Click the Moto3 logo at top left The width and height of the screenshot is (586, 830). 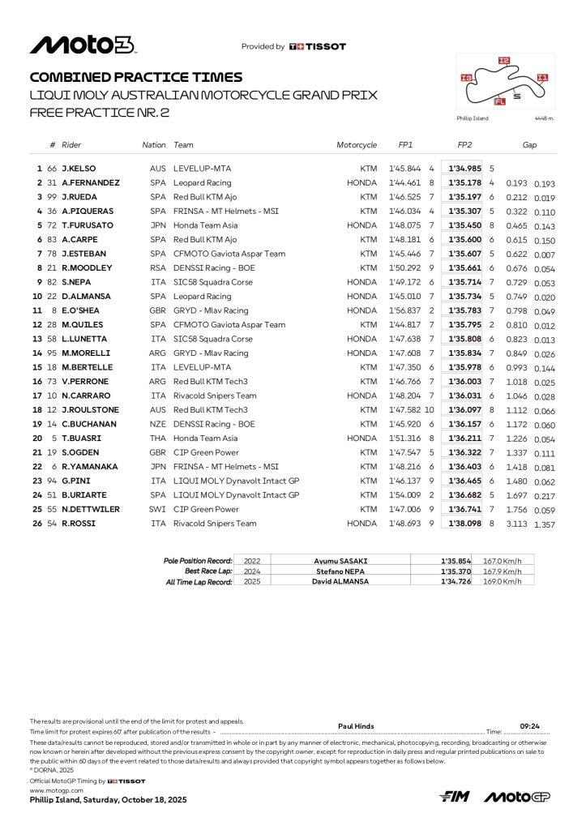tap(82, 45)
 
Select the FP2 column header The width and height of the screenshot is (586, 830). tap(464, 145)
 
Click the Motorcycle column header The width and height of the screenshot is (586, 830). tap(357, 145)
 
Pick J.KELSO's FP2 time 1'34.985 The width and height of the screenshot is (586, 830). tap(464, 169)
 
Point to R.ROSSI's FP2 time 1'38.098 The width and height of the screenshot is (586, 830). tap(464, 524)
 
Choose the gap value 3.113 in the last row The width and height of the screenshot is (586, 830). tap(516, 524)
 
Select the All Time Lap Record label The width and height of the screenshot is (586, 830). tap(198, 581)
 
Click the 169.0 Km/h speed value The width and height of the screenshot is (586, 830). tap(503, 581)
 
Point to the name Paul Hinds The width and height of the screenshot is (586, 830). tap(356, 726)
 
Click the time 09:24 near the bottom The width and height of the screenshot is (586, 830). tap(530, 726)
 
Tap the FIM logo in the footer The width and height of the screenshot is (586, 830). tap(456, 798)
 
